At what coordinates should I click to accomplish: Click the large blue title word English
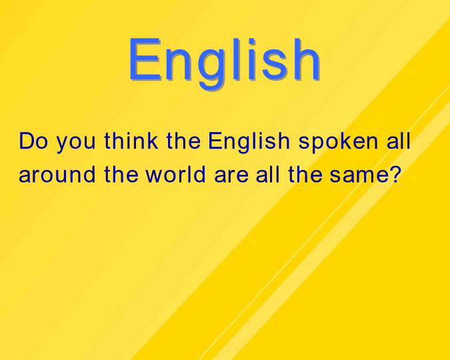click(224, 63)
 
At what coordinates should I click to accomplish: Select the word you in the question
click(75, 143)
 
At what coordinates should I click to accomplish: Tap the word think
click(131, 141)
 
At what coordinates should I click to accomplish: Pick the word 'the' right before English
click(183, 141)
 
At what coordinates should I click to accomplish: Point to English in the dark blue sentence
click(249, 143)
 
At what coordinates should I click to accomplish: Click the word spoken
click(339, 143)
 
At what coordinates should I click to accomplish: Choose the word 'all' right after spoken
click(399, 141)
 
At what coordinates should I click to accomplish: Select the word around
click(57, 174)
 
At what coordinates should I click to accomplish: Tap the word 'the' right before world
click(121, 174)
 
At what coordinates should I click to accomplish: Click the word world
click(175, 174)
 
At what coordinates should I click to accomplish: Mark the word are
click(231, 176)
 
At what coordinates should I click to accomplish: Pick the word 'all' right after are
click(268, 174)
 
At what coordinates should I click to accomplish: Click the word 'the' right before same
click(305, 174)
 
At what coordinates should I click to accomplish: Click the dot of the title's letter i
click(252, 41)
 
